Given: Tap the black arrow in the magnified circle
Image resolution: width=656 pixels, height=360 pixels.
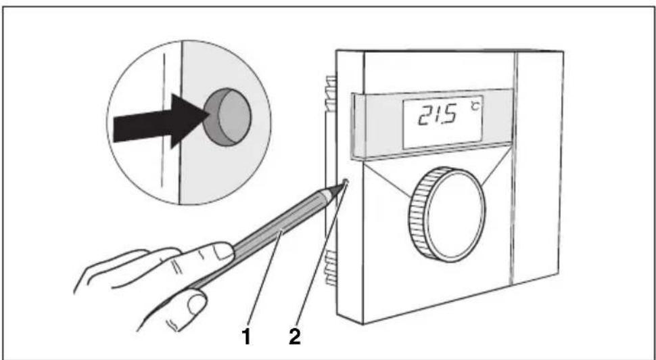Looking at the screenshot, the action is (x=159, y=121).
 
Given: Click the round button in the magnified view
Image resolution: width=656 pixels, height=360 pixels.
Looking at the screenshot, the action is (x=227, y=117).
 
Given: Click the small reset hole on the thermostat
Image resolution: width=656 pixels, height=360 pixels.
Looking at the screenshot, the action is (x=346, y=181).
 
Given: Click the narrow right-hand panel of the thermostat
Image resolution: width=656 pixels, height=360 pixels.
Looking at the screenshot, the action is (x=538, y=167).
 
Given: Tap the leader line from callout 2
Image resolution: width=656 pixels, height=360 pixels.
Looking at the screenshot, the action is (x=320, y=256).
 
